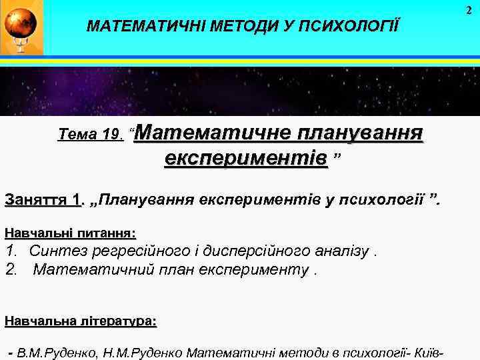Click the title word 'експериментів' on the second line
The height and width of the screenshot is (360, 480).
246,159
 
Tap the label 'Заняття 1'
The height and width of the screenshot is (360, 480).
41,200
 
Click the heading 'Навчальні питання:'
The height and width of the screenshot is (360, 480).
70,233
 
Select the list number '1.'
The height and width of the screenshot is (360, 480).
11,251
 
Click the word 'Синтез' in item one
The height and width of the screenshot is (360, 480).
55,251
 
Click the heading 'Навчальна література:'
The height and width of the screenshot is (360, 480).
80,322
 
